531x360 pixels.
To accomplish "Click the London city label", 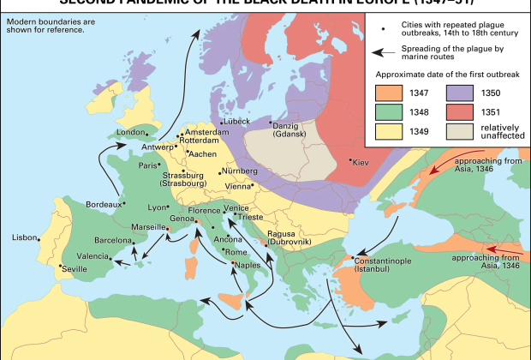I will (132, 133).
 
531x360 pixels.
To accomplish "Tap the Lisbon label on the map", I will (26, 237).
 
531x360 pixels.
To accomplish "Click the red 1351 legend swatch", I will (462, 111).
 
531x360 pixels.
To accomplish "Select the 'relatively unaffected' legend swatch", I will (462, 130).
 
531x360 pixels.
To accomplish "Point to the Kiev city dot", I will (350, 160).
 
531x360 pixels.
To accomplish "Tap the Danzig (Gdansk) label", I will (293, 129).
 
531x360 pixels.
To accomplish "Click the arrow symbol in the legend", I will (385, 51).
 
